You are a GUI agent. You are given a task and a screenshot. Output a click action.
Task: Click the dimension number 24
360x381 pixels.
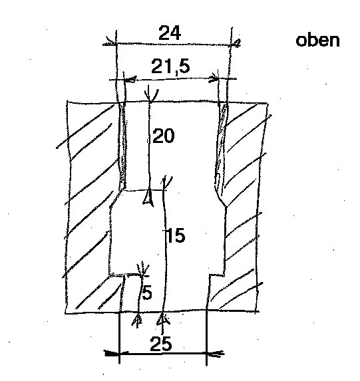click(x=170, y=33)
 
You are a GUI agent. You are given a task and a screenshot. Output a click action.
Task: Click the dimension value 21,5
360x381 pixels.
click(x=170, y=66)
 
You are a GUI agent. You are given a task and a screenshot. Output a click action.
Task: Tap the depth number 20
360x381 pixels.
click(x=164, y=136)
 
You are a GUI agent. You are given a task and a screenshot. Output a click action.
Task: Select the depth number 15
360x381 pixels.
click(x=175, y=235)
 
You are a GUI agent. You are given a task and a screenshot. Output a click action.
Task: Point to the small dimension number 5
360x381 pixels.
click(x=147, y=293)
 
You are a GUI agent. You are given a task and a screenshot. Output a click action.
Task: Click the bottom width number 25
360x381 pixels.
click(x=161, y=344)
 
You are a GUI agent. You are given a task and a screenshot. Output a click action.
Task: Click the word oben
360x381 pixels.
click(x=317, y=41)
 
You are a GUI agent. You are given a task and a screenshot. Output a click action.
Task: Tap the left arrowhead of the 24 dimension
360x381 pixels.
click(x=111, y=42)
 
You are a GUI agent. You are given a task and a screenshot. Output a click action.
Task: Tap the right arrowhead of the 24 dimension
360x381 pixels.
click(x=236, y=43)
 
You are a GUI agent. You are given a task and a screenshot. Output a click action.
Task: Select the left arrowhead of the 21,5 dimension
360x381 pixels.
click(x=130, y=79)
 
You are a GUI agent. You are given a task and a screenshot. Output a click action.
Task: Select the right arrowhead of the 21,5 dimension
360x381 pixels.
click(x=214, y=78)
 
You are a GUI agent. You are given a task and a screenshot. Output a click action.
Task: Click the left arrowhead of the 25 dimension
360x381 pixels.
click(x=111, y=353)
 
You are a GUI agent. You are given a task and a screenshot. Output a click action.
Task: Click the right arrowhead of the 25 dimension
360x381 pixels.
click(x=215, y=354)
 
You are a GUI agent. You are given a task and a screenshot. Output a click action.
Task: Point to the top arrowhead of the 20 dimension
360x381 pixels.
click(x=151, y=96)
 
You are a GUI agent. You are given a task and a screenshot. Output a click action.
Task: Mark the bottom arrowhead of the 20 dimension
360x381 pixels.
click(x=148, y=197)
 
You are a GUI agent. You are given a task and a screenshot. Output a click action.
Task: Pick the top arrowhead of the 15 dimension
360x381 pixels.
click(x=166, y=182)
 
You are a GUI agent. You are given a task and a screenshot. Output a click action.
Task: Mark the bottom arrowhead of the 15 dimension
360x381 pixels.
click(x=164, y=318)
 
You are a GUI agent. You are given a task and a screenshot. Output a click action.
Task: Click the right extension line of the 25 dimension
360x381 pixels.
click(x=206, y=338)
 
